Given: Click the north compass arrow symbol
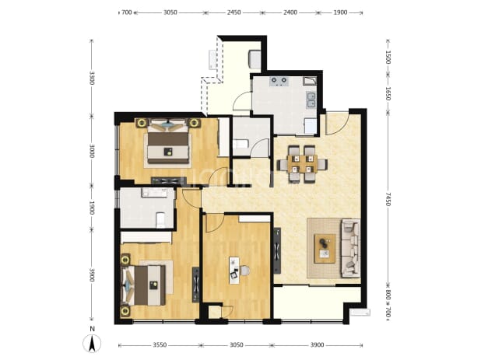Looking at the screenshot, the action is (92, 343).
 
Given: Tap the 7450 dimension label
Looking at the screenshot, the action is (388, 200).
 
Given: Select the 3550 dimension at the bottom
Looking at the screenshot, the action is (160, 345).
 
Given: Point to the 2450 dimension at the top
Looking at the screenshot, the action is (233, 12).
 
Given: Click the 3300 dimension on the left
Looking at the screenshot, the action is (91, 78).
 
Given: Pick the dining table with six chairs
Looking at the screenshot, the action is (302, 164).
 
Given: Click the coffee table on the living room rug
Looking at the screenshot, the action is (325, 249).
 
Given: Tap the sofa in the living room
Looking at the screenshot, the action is (351, 248).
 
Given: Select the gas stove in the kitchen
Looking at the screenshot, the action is (279, 81).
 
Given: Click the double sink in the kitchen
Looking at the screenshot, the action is (311, 100).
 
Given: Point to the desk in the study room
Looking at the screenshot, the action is (235, 271).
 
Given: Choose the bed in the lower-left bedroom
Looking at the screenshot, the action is (144, 285).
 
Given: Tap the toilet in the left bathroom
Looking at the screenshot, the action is (160, 220).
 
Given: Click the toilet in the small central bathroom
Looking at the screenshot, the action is (240, 144).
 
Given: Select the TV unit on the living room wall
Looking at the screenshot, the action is (277, 250).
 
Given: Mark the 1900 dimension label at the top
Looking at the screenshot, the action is (340, 12).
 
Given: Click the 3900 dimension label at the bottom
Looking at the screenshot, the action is (317, 345).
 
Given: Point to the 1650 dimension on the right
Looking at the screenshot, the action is (388, 93).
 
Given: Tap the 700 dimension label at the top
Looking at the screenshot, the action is (127, 12).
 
